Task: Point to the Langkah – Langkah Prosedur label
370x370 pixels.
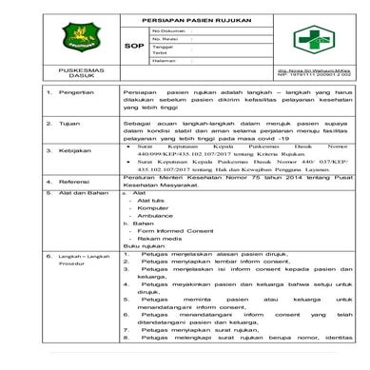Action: click(55, 261)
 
